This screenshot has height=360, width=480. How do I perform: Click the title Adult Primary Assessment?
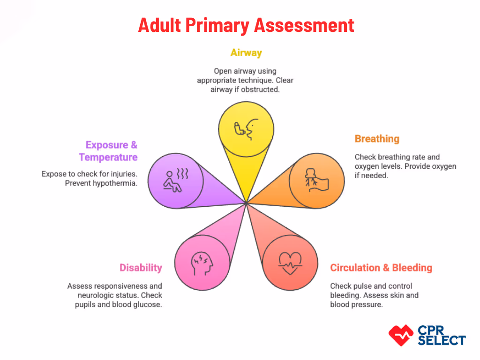246,25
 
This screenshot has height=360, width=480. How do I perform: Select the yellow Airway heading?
246,52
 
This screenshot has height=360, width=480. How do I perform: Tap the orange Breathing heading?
377,139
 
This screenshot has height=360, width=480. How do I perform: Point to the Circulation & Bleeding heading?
381,268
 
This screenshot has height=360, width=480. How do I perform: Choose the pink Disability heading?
141,268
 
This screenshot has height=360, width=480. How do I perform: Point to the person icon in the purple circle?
175,180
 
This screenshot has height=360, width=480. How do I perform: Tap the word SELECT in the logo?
442,340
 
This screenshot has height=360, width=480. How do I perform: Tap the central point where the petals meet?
247,203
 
